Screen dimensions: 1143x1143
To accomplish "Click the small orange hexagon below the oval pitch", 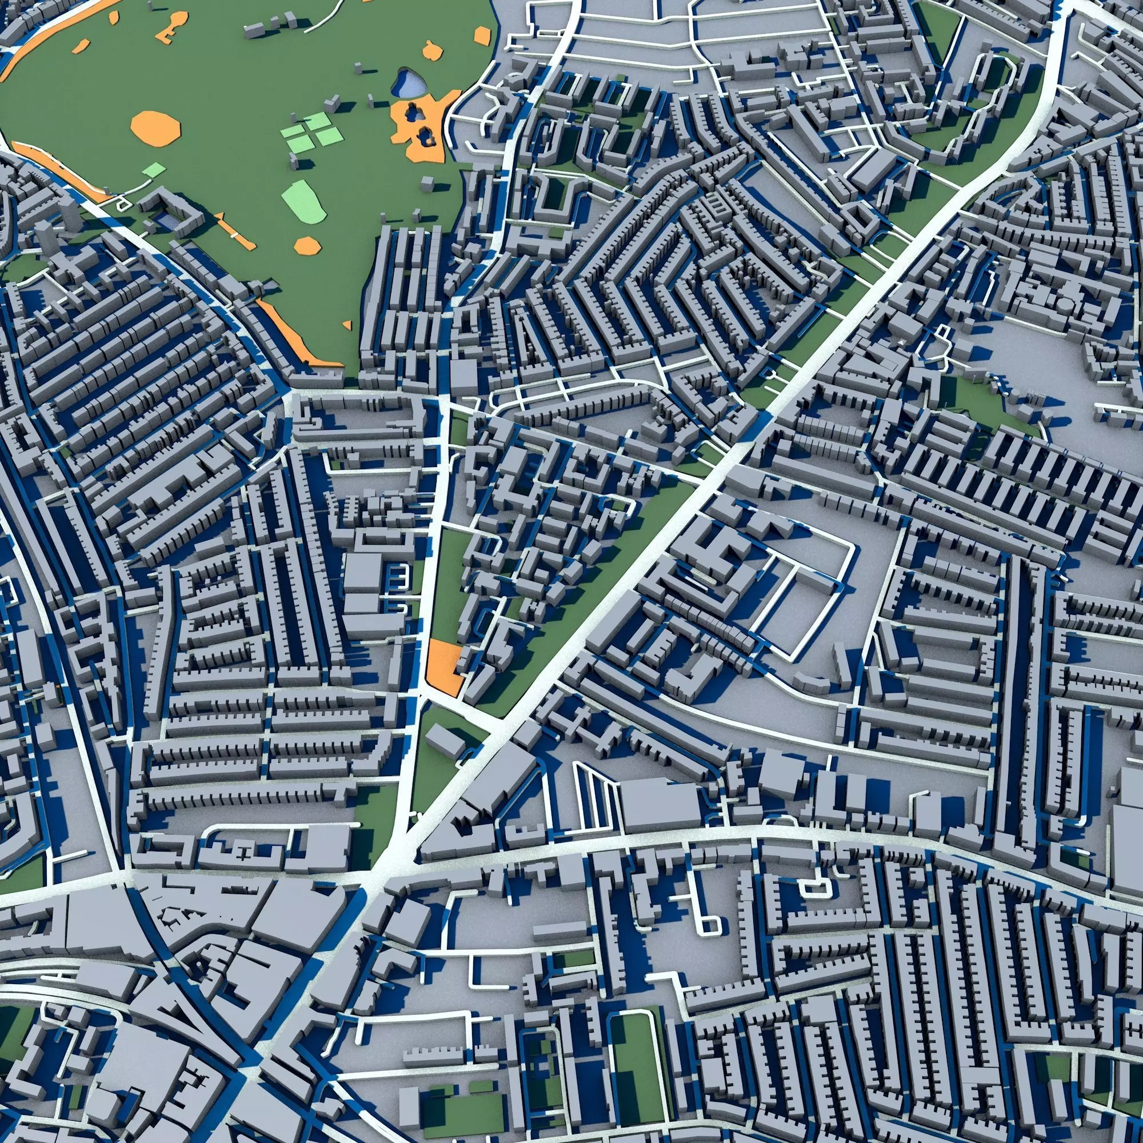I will click(x=306, y=245).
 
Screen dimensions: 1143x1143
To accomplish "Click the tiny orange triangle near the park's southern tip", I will click(x=349, y=323).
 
